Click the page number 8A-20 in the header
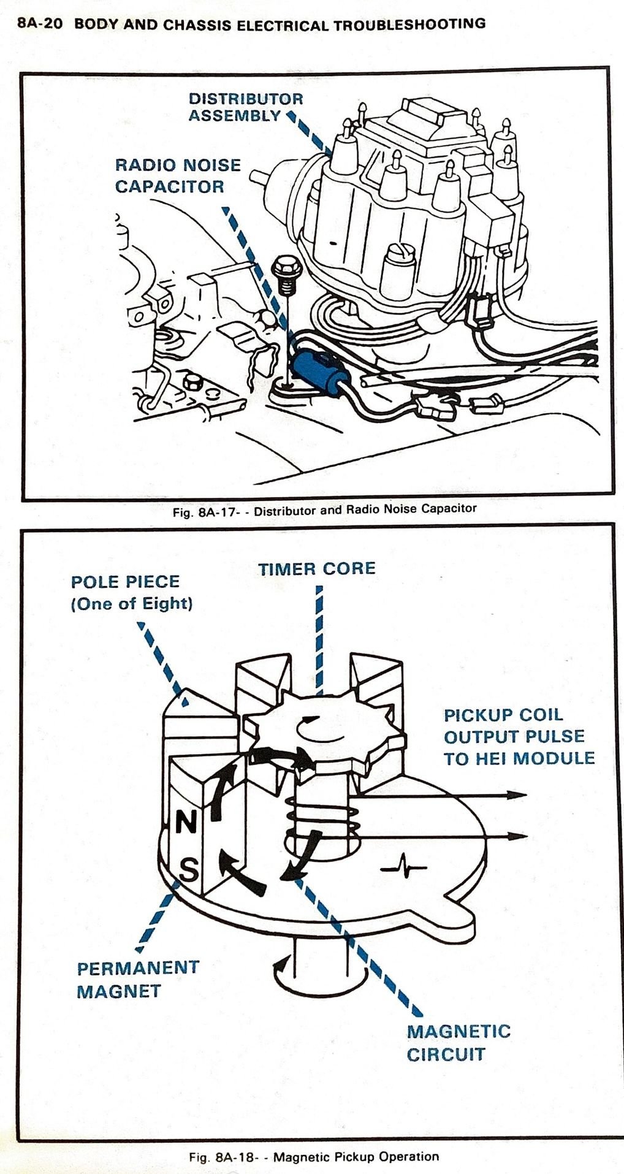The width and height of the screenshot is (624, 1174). pyautogui.click(x=40, y=25)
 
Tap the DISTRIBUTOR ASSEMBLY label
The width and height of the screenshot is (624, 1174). pyautogui.click(x=245, y=107)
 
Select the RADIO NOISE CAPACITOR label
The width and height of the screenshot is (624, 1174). pyautogui.click(x=178, y=175)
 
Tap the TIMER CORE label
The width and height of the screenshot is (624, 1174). pyautogui.click(x=316, y=568)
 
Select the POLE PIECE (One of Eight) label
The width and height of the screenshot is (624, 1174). pyautogui.click(x=132, y=592)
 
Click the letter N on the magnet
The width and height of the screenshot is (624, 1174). pyautogui.click(x=186, y=823)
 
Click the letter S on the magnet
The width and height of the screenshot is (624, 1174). pyautogui.click(x=188, y=868)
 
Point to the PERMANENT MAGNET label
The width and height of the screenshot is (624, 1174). pyautogui.click(x=137, y=979)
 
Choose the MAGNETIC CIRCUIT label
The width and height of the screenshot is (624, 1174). pyautogui.click(x=458, y=1042)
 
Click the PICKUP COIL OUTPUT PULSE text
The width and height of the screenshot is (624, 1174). pyautogui.click(x=519, y=736)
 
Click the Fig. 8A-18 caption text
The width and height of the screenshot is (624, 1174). pyautogui.click(x=314, y=1157)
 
